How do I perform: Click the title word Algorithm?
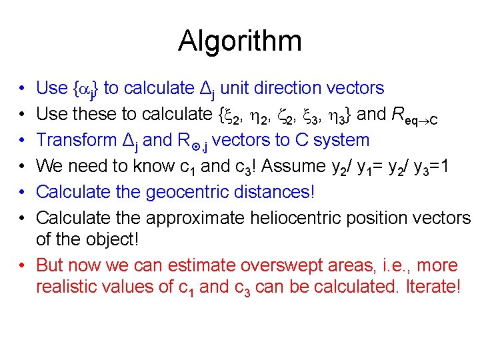tap(239, 41)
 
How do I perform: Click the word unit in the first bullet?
tap(234, 88)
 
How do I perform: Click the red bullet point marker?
tap(23, 265)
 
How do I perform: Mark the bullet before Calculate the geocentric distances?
tap(23, 192)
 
